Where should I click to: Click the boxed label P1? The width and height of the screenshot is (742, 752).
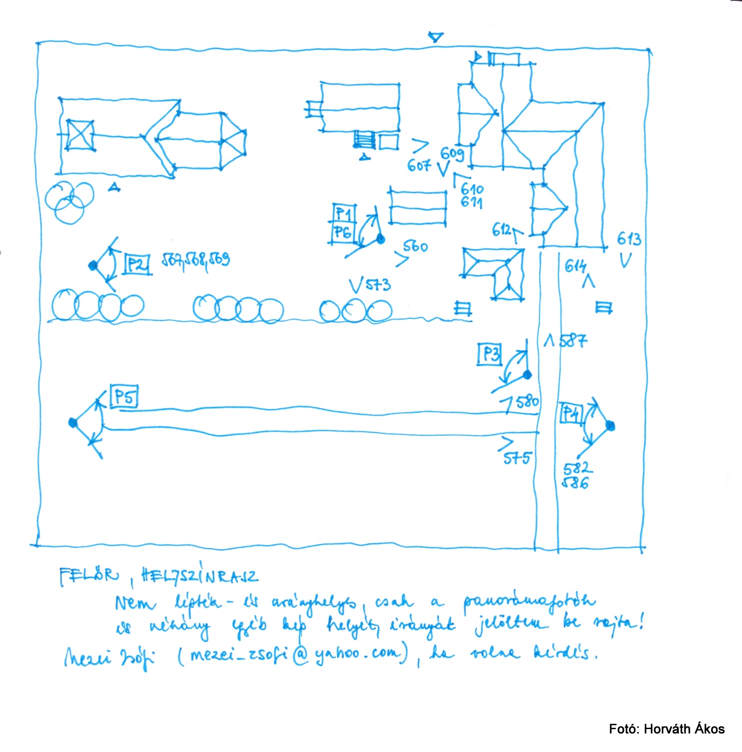coord(344,214)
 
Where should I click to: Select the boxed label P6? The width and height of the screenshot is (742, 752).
coord(343,232)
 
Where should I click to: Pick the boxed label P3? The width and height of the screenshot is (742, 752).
coord(490,354)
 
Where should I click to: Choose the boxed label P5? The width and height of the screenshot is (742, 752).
coord(124,396)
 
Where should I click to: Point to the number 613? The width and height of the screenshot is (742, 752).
coord(629,239)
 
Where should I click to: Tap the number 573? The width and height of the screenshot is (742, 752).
coord(377,285)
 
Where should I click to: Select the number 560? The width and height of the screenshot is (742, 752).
coord(415,246)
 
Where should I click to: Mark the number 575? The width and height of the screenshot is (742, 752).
coord(517,458)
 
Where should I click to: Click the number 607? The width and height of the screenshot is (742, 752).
coord(418,165)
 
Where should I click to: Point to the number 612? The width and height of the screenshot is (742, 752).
coord(501,229)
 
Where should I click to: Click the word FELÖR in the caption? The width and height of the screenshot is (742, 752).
coord(89,575)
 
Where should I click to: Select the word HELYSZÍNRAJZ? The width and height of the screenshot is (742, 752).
coord(199,575)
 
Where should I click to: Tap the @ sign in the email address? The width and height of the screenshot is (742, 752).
coord(300,655)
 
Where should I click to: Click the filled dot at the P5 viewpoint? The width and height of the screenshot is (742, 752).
coord(73,423)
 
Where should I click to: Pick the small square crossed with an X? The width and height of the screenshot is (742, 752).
coord(80,135)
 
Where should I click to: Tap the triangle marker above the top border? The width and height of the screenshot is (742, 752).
coord(436,37)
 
